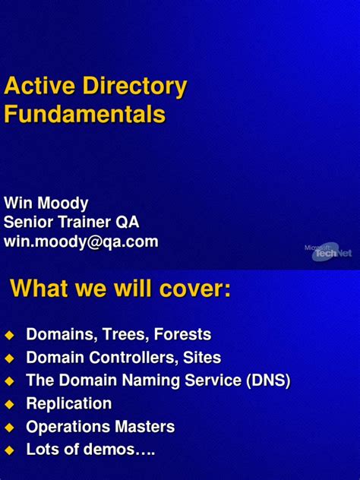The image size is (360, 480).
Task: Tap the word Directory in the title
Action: pyautogui.click(x=130, y=87)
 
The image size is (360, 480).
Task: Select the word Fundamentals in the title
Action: pyautogui.click(x=84, y=115)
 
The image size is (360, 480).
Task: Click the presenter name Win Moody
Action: pyautogui.click(x=46, y=204)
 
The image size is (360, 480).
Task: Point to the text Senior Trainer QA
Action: pyautogui.click(x=71, y=223)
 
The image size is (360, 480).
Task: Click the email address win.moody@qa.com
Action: pyautogui.click(x=81, y=242)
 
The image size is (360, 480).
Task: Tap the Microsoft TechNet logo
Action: pyautogui.click(x=327, y=251)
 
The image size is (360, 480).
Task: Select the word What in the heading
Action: pyautogui.click(x=39, y=289)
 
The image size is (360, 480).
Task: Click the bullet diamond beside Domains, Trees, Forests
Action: pyautogui.click(x=9, y=335)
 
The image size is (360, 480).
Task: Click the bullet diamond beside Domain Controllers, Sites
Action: pyautogui.click(x=9, y=358)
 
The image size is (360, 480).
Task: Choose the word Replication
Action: pyautogui.click(x=69, y=403)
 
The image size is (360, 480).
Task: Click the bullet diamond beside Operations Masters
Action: pyautogui.click(x=9, y=428)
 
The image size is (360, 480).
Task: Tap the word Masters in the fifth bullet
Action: pyautogui.click(x=145, y=427)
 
